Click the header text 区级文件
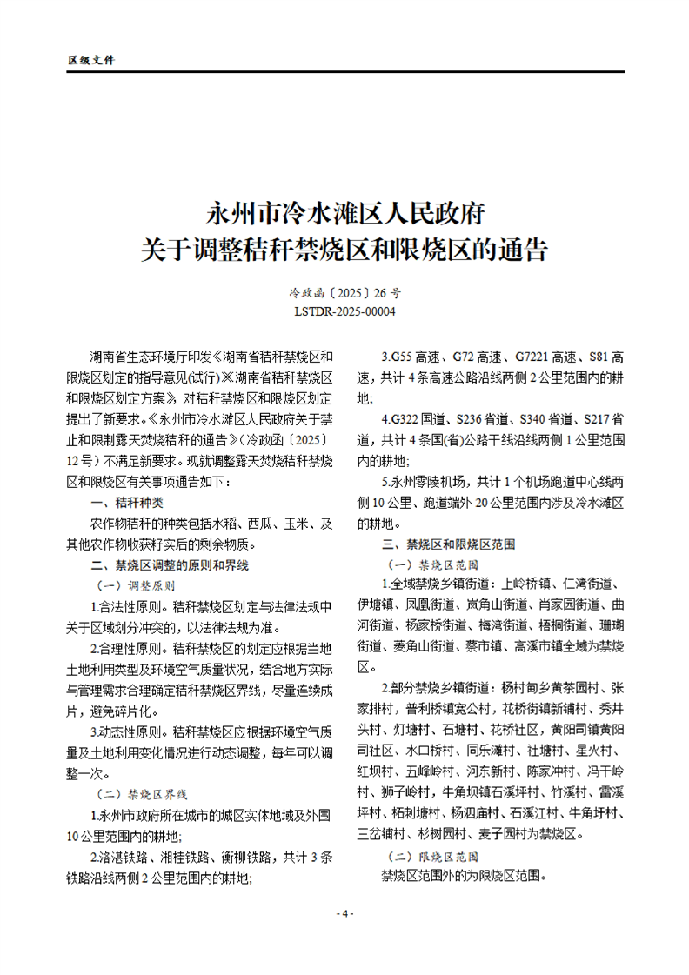pos(90,60)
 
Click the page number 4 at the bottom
pos(344,914)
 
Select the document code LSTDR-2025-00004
pos(344,311)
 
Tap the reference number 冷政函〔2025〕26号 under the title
pos(344,294)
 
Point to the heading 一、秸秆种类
pos(127,503)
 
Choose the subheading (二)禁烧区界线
pos(140,795)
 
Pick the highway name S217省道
pos(597,419)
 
